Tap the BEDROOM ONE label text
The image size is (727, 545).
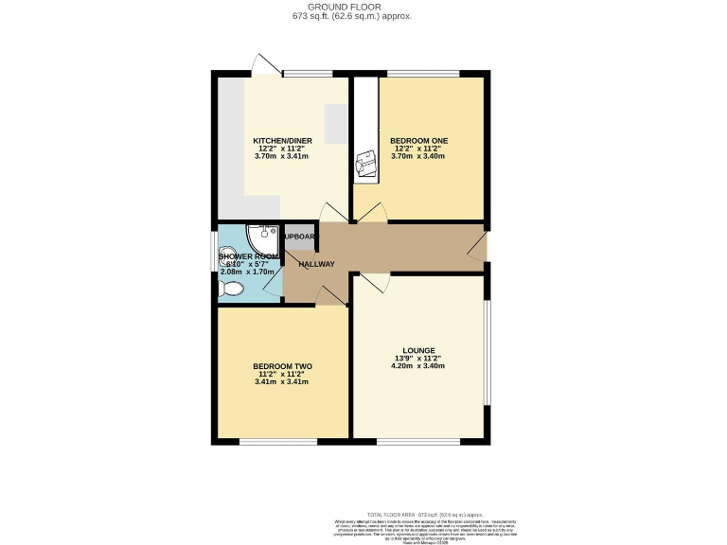click(419, 140)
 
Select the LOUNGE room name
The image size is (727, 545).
click(417, 350)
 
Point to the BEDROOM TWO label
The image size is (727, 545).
click(282, 366)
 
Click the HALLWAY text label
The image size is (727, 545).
click(316, 264)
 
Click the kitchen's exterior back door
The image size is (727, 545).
click(266, 64)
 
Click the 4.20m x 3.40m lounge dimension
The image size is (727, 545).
click(417, 366)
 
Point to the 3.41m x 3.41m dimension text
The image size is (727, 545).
click(282, 381)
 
